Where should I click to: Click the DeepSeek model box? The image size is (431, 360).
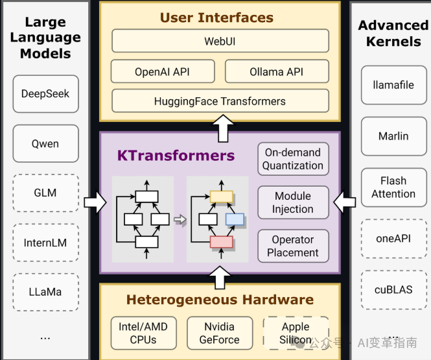45,94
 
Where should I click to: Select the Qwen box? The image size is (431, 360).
45,143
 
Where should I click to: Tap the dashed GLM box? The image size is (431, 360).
45,193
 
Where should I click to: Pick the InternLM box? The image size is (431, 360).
45,243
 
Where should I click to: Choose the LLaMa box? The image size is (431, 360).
45,292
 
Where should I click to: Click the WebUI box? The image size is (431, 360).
220,42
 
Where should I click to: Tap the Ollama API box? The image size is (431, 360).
277,72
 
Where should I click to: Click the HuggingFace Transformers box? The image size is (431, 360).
220,101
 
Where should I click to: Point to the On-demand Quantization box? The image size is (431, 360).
293,159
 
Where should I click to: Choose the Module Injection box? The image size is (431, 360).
293,202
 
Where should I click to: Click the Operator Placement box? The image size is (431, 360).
293,246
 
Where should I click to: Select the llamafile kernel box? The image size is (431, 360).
393,85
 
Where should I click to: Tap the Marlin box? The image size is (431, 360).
393,136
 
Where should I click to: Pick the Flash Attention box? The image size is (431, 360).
393,187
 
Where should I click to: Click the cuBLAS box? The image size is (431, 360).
393,289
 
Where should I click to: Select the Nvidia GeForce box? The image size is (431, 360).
219,333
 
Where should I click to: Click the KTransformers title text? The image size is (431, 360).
176,156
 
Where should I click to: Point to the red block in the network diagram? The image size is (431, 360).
221,242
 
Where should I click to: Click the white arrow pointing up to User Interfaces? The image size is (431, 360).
224,128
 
